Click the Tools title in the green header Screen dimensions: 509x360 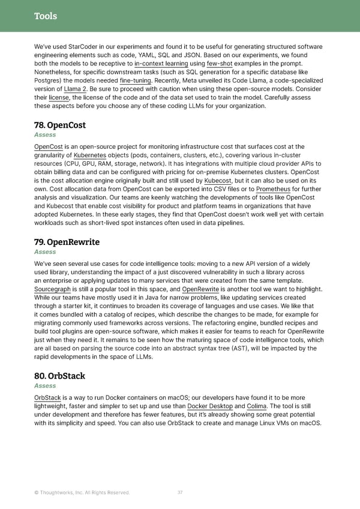coord(46,16)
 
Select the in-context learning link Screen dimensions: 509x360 coord(161,63)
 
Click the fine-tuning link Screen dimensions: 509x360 coord(136,80)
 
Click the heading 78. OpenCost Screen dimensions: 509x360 coord(60,125)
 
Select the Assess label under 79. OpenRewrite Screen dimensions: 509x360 coord(45,252)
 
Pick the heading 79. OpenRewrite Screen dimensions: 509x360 coord(67,242)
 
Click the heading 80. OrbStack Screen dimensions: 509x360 coord(59,376)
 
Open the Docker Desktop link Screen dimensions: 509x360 coord(210,406)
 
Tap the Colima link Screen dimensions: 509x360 coord(257,406)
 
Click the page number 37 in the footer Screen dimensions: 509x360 coord(180,492)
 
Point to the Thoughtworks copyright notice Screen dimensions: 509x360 coord(82,493)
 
